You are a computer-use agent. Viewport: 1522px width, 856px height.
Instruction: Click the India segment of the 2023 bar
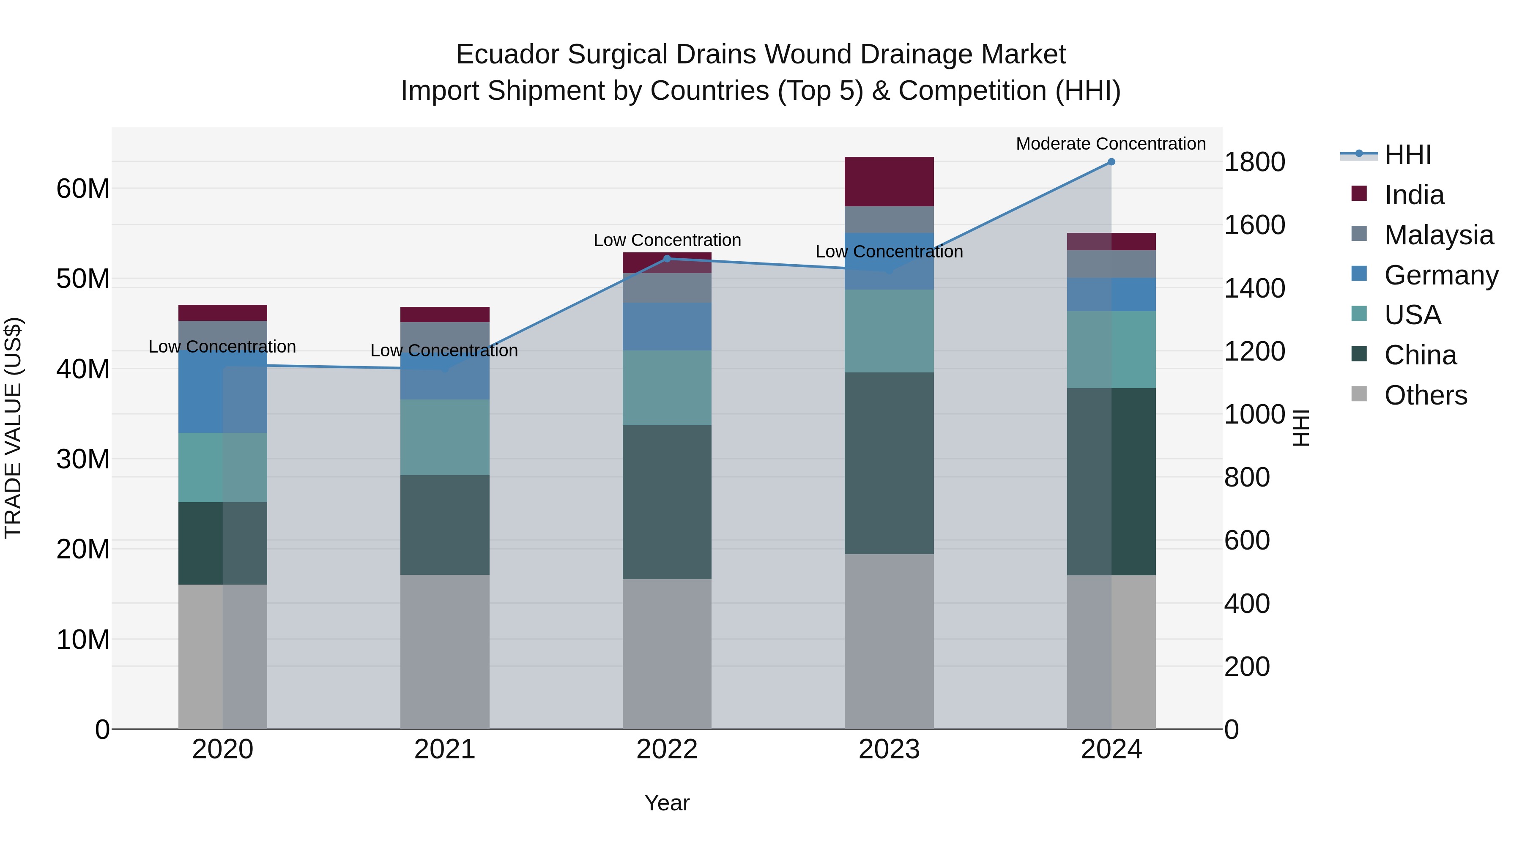pos(889,181)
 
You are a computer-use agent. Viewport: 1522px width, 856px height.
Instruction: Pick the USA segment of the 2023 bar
pos(889,331)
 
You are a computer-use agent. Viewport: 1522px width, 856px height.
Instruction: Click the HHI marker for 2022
pos(667,259)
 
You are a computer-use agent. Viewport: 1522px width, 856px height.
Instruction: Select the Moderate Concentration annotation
pos(1110,144)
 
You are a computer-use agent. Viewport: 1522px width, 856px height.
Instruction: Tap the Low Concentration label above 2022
pos(667,240)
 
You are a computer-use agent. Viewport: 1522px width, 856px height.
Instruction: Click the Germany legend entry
pos(1440,275)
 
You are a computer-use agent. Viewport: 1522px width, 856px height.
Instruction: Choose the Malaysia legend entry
pos(1438,235)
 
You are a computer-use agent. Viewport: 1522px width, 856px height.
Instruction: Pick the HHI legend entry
pos(1407,155)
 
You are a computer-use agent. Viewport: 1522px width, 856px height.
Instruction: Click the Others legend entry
pos(1425,395)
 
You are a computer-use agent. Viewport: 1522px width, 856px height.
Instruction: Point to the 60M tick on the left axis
pos(83,189)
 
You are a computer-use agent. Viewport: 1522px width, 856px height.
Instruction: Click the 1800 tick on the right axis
pos(1254,162)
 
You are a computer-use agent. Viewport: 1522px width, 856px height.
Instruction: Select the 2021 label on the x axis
pos(444,749)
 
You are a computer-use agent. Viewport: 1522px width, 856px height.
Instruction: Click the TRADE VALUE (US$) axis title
pos(13,428)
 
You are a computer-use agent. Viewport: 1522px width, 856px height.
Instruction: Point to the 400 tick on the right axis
pos(1247,603)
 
